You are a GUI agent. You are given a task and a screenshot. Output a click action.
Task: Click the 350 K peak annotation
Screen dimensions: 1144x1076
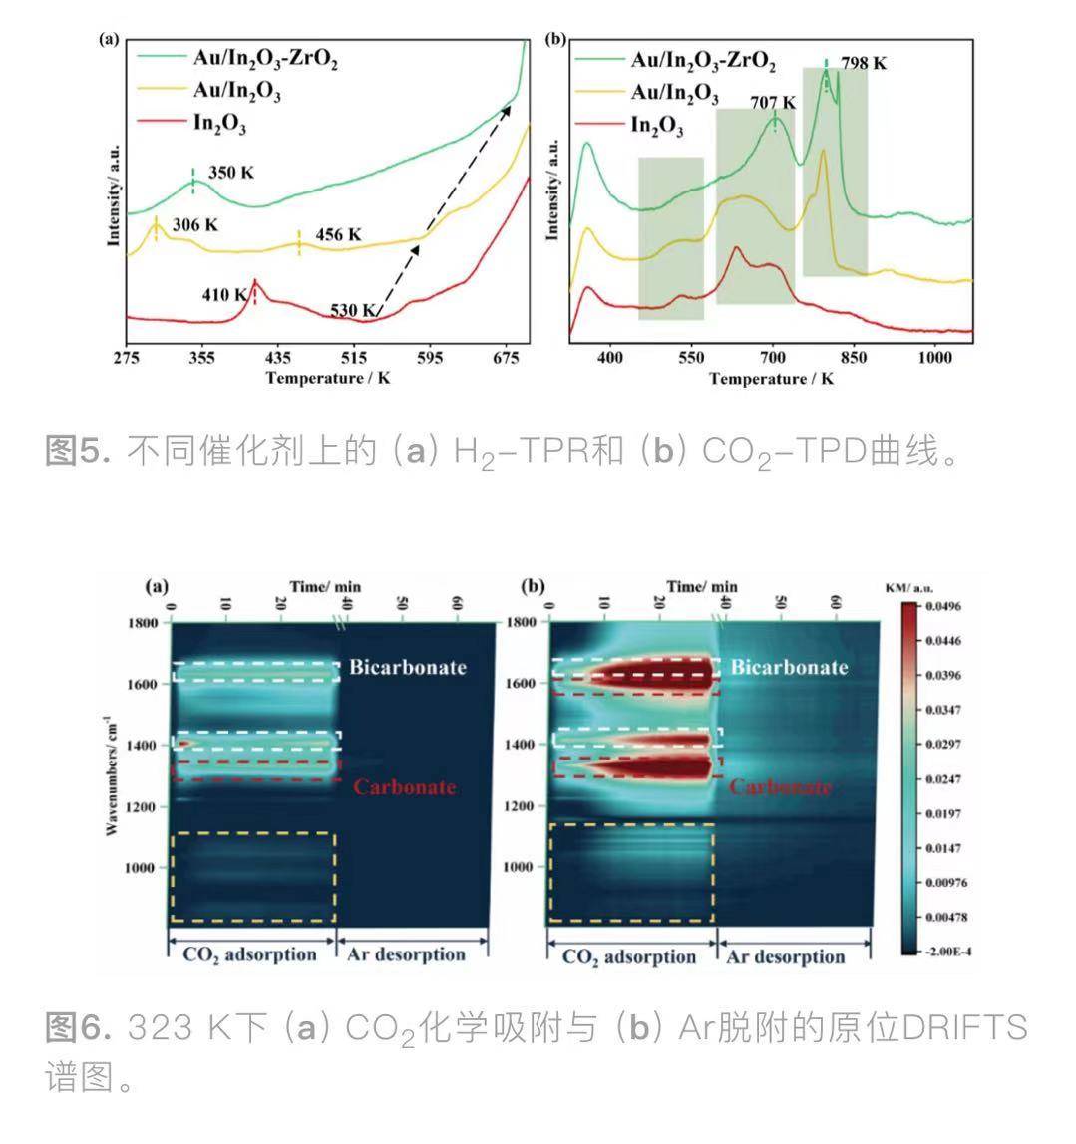point(230,173)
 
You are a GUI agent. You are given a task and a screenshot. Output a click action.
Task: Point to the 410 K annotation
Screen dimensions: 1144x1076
point(224,294)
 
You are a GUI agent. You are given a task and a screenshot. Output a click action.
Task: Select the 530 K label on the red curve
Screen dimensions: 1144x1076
point(353,311)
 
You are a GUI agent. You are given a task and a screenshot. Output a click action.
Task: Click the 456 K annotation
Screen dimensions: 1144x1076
point(338,235)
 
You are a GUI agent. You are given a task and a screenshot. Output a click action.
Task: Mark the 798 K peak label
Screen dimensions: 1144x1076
point(863,63)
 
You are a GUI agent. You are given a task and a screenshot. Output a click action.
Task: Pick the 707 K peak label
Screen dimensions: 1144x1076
point(773,103)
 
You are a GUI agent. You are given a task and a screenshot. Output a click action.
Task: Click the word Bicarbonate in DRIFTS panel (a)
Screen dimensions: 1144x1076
point(408,667)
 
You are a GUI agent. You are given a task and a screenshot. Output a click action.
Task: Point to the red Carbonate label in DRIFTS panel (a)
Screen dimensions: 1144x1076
point(405,786)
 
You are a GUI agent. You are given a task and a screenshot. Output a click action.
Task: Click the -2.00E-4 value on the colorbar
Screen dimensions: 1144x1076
point(948,952)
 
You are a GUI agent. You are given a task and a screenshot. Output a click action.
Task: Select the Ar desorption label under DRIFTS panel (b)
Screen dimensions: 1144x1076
point(785,956)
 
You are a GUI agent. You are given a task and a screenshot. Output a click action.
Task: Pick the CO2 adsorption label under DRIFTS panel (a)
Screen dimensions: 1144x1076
point(248,954)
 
